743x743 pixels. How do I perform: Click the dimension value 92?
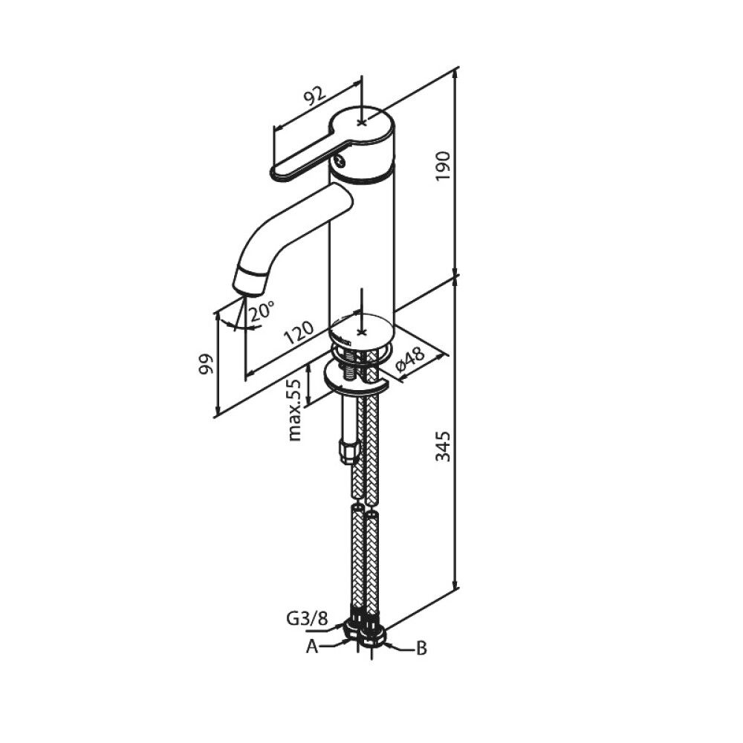pos(315,96)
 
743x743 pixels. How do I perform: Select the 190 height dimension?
pos(443,166)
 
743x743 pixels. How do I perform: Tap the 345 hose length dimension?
pos(443,446)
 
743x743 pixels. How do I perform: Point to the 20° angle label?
pos(262,311)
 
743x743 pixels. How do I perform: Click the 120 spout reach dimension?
pos(299,333)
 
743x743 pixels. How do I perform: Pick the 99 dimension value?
pos(207,364)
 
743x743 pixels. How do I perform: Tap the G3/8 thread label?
pos(307,619)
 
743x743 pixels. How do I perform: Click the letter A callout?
pos(312,646)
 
